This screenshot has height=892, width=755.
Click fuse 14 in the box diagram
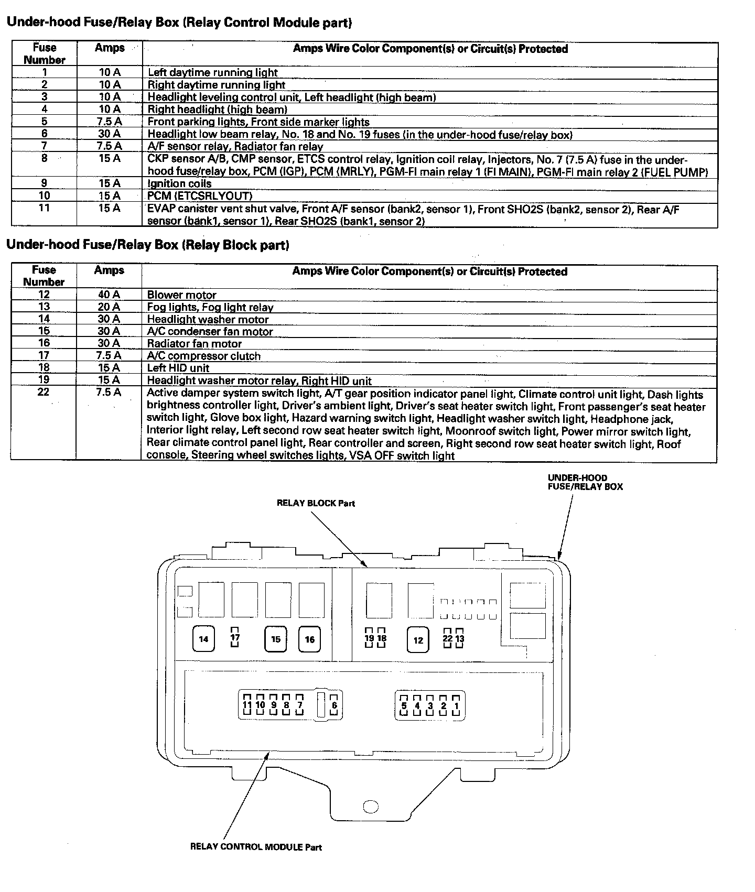tap(203, 639)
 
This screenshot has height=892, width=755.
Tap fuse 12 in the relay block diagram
tap(418, 639)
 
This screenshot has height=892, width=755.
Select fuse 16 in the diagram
tap(310, 639)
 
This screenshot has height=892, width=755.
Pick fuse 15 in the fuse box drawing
tap(276, 639)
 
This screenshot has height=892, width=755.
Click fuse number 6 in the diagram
tap(334, 705)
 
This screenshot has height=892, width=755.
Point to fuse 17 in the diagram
tap(235, 637)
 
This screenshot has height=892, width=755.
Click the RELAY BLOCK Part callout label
tap(316, 503)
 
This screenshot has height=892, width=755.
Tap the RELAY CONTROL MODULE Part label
tap(256, 846)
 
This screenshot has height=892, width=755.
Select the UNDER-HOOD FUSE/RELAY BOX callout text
tap(585, 482)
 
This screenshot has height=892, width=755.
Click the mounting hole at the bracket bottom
tap(371, 807)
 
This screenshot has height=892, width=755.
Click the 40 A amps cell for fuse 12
tap(109, 295)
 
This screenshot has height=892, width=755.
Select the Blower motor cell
tap(181, 295)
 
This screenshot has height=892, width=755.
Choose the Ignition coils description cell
tap(179, 183)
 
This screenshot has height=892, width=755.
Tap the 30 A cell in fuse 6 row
tap(109, 134)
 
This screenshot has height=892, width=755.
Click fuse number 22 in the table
tap(44, 392)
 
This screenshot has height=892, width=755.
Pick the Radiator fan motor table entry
tap(194, 344)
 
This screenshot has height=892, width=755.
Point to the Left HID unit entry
tap(178, 368)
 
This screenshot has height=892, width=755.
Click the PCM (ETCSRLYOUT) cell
tap(200, 196)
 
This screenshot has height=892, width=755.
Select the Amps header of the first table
tap(110, 48)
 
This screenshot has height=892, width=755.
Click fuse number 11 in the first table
tap(45, 208)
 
